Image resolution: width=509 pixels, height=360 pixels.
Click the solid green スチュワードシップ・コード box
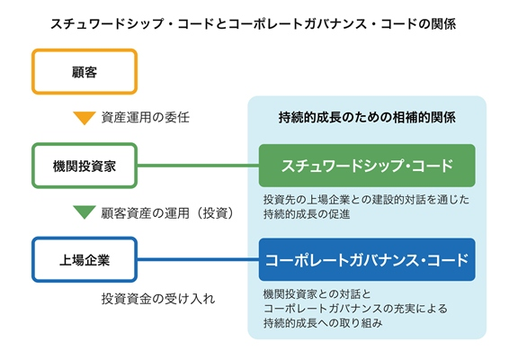367,166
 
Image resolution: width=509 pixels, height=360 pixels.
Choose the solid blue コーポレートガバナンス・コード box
367,259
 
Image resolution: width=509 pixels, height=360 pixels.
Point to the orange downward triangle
85,118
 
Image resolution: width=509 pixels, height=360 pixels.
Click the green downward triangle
85,212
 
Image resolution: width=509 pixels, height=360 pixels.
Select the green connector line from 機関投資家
198,166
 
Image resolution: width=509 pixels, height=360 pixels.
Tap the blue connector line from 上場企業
198,259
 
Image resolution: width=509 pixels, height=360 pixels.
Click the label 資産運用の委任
146,117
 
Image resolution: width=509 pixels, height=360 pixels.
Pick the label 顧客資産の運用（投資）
167,213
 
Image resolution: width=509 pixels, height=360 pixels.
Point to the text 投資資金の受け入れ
158,299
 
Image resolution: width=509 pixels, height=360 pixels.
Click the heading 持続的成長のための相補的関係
367,117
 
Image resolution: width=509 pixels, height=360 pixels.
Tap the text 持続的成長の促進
307,214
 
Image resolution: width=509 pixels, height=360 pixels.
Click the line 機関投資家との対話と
317,294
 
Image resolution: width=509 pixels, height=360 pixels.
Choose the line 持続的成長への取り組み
323,323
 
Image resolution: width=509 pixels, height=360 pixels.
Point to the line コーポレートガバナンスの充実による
355,309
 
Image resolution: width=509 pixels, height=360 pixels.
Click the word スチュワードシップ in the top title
107,23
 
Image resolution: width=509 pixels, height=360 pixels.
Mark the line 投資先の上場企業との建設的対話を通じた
366,200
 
